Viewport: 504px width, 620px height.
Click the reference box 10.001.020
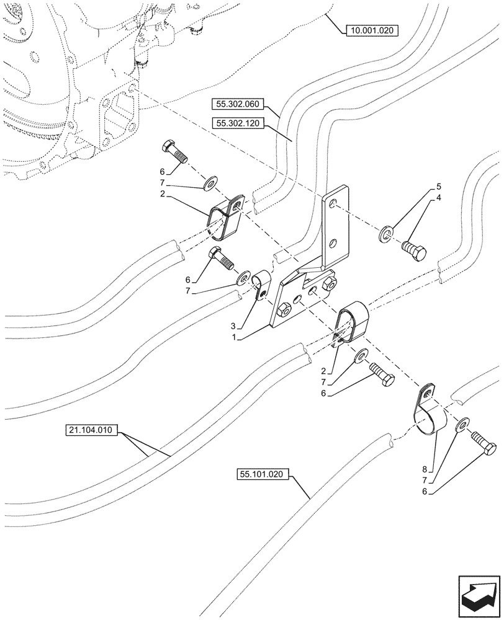[371, 29]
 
